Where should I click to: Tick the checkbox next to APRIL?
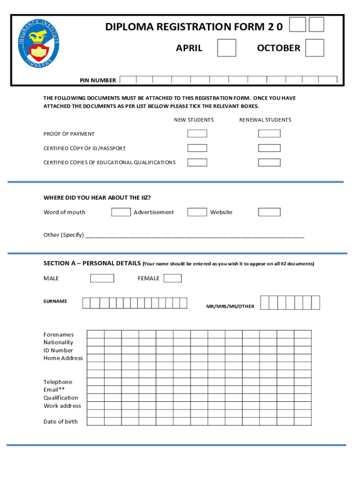tap(227, 48)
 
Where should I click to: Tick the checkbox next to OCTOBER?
tap(315, 48)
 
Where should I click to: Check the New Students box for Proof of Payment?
tap(197, 133)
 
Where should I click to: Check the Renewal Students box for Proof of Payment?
tap(269, 133)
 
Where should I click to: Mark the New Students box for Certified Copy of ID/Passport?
tap(197, 148)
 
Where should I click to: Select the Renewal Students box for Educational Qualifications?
tap(269, 162)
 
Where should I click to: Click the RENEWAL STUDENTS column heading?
tap(265, 120)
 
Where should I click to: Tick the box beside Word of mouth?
tap(121, 212)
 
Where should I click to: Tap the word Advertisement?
tap(153, 212)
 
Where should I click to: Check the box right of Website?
tap(269, 212)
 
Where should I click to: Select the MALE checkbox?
tap(102, 278)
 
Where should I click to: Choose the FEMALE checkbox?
tap(173, 278)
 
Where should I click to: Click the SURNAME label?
tap(55, 301)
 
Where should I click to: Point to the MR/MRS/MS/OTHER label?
tap(230, 306)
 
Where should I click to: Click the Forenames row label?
tap(58, 334)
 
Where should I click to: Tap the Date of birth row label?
tap(60, 421)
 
